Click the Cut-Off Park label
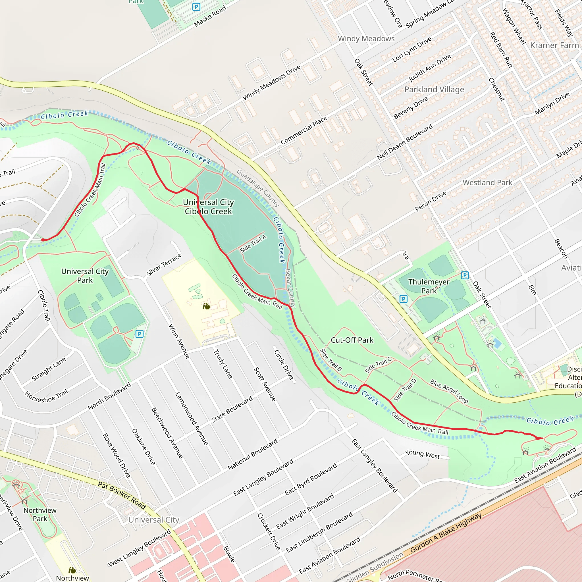(352, 340)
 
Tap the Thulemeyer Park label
(429, 286)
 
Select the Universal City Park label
(85, 276)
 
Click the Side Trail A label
(253, 244)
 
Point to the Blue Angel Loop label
(449, 391)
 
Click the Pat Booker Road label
(122, 495)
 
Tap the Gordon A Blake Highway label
(446, 533)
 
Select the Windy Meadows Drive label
(271, 82)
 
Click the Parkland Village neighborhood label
(434, 90)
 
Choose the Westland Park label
(487, 182)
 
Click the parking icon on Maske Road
(196, 7)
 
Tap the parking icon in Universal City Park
(139, 334)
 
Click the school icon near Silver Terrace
(206, 306)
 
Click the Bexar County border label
(290, 288)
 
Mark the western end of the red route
(43, 240)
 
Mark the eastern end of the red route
(542, 438)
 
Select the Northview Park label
(40, 515)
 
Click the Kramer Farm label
(554, 45)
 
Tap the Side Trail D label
(405, 390)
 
